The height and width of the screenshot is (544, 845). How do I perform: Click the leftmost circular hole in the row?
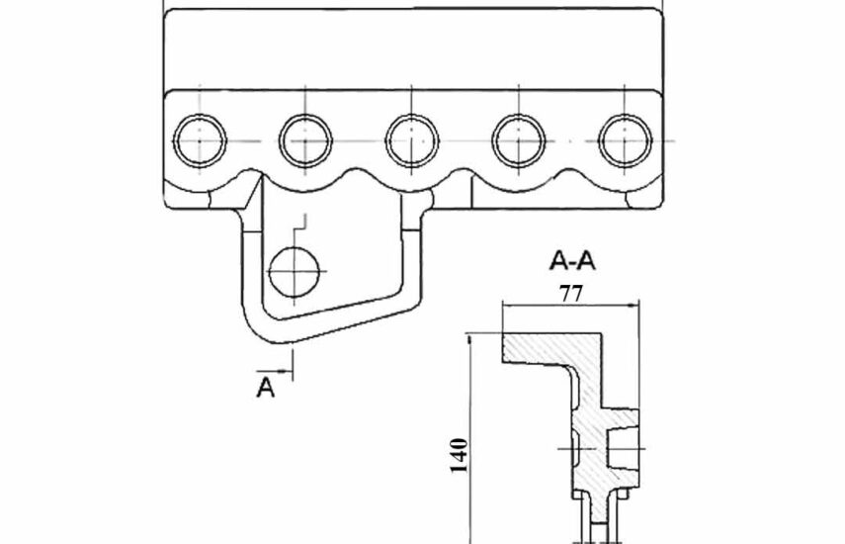(200, 140)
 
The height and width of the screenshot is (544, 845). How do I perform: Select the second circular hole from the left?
(305, 140)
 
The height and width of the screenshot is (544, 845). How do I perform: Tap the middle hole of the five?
(412, 140)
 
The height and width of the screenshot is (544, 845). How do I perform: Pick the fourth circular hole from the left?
(519, 140)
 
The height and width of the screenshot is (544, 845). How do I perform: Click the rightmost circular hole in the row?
(625, 140)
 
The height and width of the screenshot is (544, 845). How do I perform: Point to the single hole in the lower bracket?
(295, 272)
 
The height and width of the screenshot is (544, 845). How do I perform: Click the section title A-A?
(572, 261)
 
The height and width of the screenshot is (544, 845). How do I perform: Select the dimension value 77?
(570, 294)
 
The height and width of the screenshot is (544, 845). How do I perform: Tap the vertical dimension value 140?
(459, 456)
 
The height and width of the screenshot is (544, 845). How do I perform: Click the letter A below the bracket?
(265, 388)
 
